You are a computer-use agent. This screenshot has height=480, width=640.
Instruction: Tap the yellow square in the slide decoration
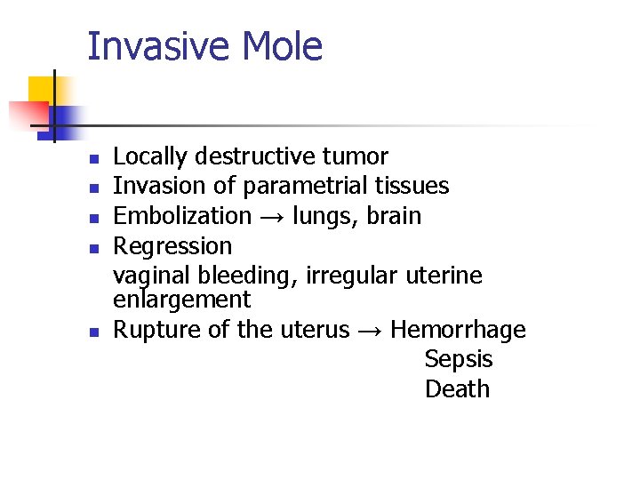(42, 91)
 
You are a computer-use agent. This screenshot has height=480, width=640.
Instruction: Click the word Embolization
(182, 216)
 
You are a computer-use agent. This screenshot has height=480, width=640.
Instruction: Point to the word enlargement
(182, 300)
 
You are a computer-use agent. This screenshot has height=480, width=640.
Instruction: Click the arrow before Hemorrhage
(370, 331)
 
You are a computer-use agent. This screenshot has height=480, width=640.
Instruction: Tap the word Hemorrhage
(458, 330)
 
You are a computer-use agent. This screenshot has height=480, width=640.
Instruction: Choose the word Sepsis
(458, 360)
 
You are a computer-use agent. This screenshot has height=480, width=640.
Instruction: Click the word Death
(457, 389)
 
